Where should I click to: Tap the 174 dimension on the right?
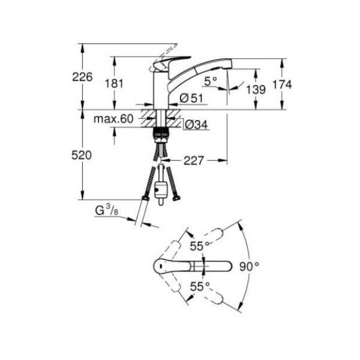(x=282, y=84)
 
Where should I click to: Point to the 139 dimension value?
(x=256, y=89)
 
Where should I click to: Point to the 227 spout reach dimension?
(x=194, y=160)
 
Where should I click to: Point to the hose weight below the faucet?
(x=161, y=189)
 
